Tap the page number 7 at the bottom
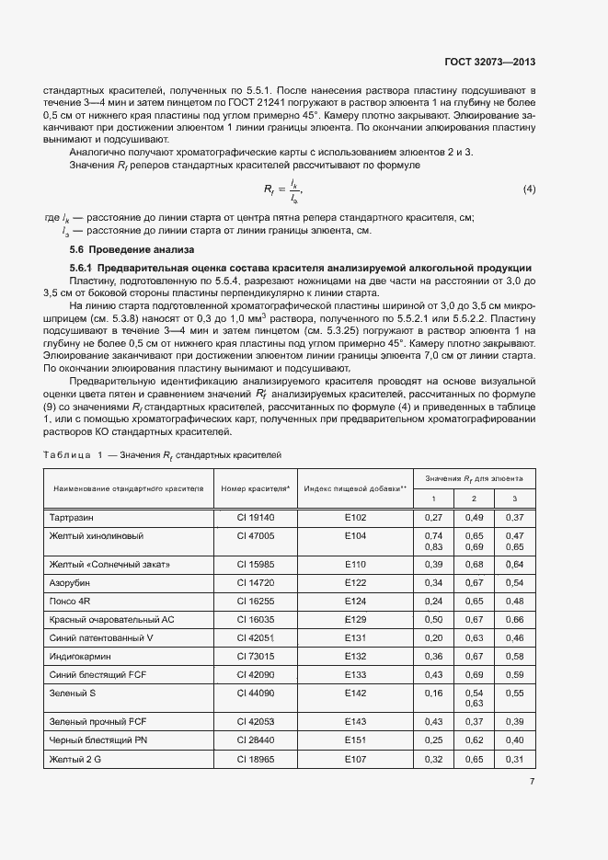[533, 781]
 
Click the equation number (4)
[529, 190]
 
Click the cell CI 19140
[255, 518]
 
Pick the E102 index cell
[355, 518]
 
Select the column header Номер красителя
[255, 487]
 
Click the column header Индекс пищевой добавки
[355, 487]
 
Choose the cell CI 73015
[255, 656]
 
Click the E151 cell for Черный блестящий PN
[355, 740]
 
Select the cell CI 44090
[255, 692]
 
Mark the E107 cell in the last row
[355, 759]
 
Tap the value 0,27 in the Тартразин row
[433, 518]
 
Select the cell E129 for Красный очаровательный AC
[355, 619]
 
